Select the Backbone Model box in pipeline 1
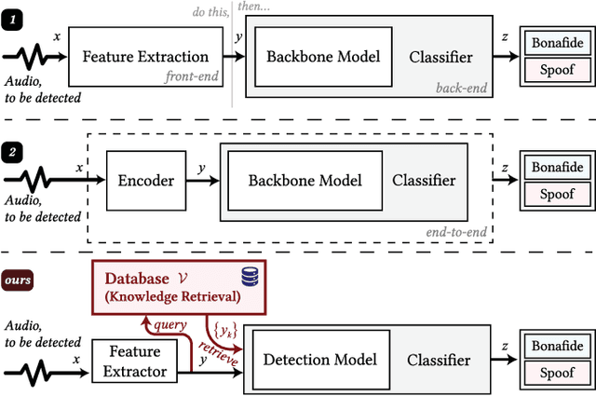(x=323, y=57)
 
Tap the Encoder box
(x=146, y=181)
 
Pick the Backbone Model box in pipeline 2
(x=305, y=181)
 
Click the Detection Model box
(x=320, y=360)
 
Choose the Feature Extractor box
(x=136, y=362)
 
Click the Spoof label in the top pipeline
(x=557, y=68)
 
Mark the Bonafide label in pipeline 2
(x=557, y=168)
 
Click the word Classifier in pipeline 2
(x=424, y=181)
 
